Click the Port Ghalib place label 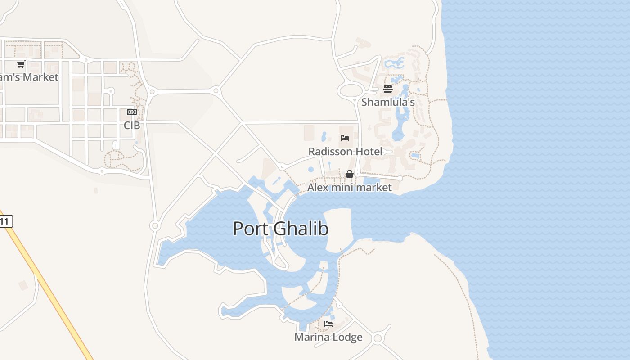click(280, 229)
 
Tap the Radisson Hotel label click(345, 152)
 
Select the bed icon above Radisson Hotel click(345, 138)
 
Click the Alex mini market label click(350, 187)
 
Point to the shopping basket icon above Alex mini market click(350, 174)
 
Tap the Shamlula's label click(388, 102)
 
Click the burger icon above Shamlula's click(388, 89)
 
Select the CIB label click(132, 126)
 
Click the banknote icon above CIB click(132, 112)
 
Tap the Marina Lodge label click(328, 337)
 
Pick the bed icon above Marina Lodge click(328, 324)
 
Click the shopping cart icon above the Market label click(21, 64)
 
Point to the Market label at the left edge click(29, 77)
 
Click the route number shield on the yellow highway click(5, 221)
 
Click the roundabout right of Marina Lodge click(378, 338)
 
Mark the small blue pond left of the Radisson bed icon click(324, 135)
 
